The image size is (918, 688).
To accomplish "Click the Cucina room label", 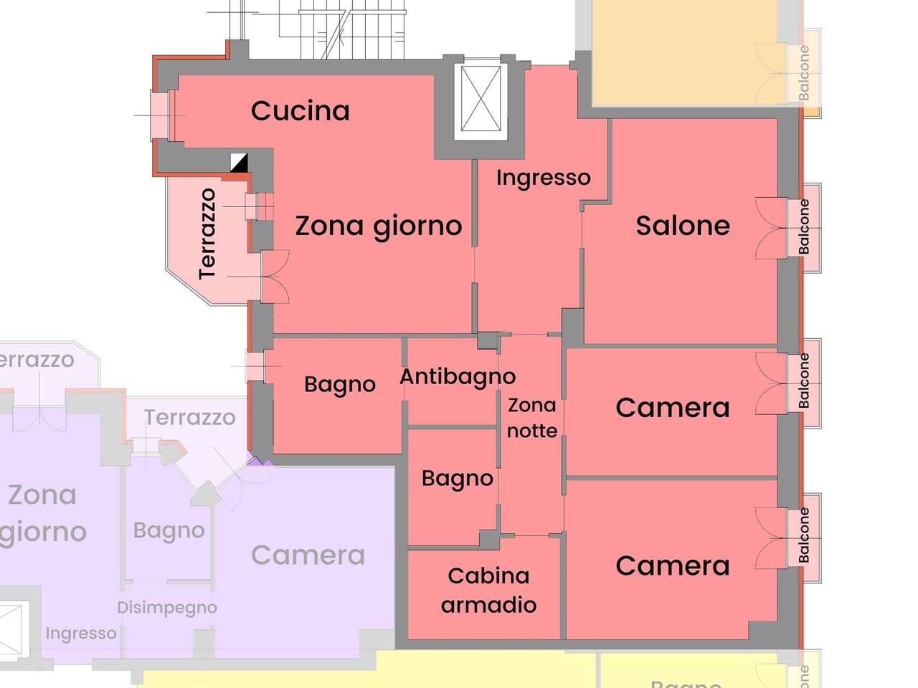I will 301,111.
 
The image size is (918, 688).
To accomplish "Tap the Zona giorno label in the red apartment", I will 379,226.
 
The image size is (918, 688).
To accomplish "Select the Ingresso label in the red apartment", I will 543,178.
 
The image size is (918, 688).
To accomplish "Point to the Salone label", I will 683,226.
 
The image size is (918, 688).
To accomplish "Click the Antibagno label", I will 458,377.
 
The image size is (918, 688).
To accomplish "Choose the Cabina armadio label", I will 488,590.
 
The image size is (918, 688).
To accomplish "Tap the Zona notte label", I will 532,418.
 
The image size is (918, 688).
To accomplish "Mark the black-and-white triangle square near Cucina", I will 239,163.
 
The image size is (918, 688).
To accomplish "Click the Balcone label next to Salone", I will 804,226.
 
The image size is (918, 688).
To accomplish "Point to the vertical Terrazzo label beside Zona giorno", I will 207,234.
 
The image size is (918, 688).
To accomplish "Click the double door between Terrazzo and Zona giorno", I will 275,276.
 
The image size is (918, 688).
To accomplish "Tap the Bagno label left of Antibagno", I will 339,385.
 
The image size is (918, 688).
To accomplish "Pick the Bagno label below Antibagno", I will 457,479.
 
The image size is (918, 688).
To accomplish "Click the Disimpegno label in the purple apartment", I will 167,608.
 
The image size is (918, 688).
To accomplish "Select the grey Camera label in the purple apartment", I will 308,555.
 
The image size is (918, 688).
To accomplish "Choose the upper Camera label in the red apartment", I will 673,408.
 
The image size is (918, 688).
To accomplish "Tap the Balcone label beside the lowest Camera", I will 804,535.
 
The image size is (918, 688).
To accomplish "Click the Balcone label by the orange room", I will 804,72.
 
